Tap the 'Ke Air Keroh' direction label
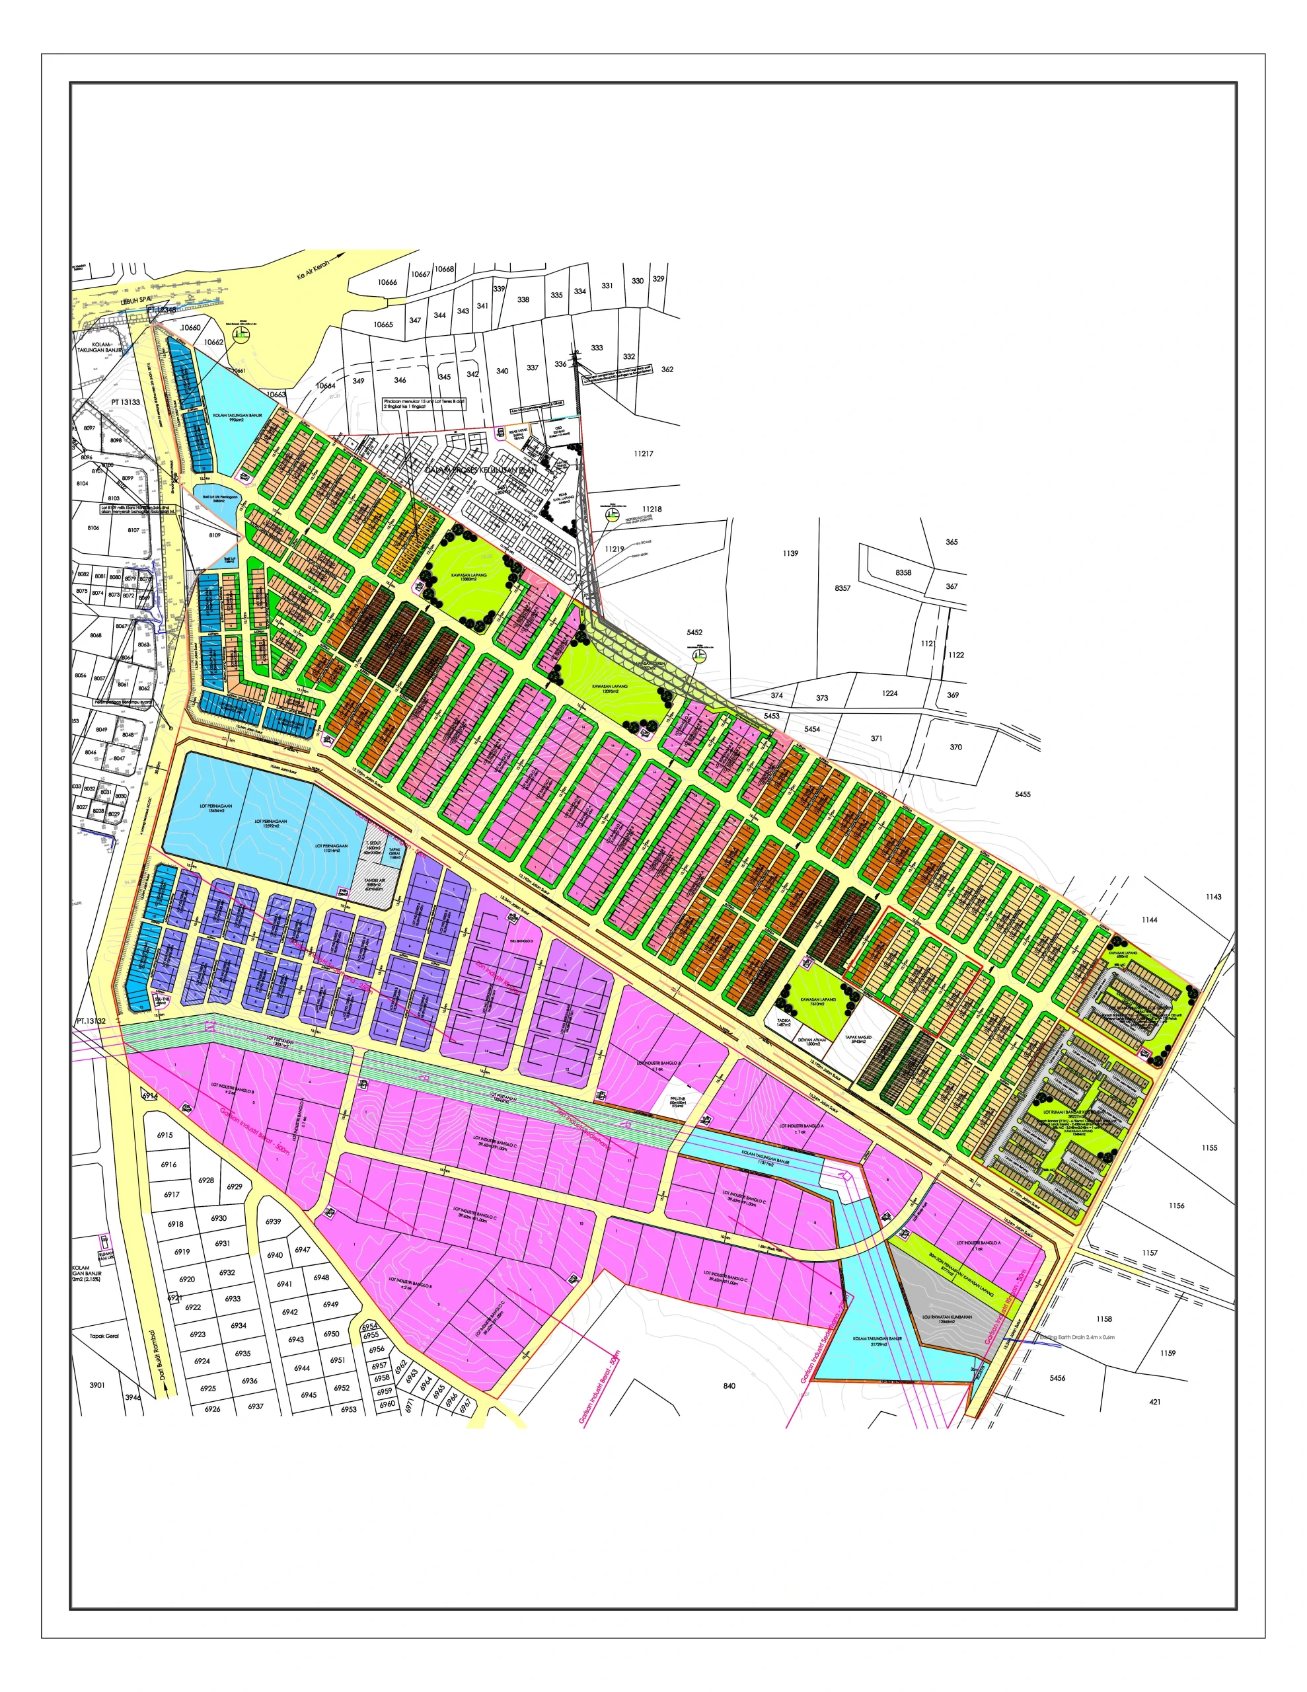(x=313, y=270)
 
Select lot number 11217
(x=643, y=454)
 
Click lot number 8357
(x=842, y=589)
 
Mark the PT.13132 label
(x=91, y=1022)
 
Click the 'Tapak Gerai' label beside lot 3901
(x=104, y=1336)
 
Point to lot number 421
(x=1154, y=1403)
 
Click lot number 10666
(x=387, y=283)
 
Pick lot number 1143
(x=1213, y=897)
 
